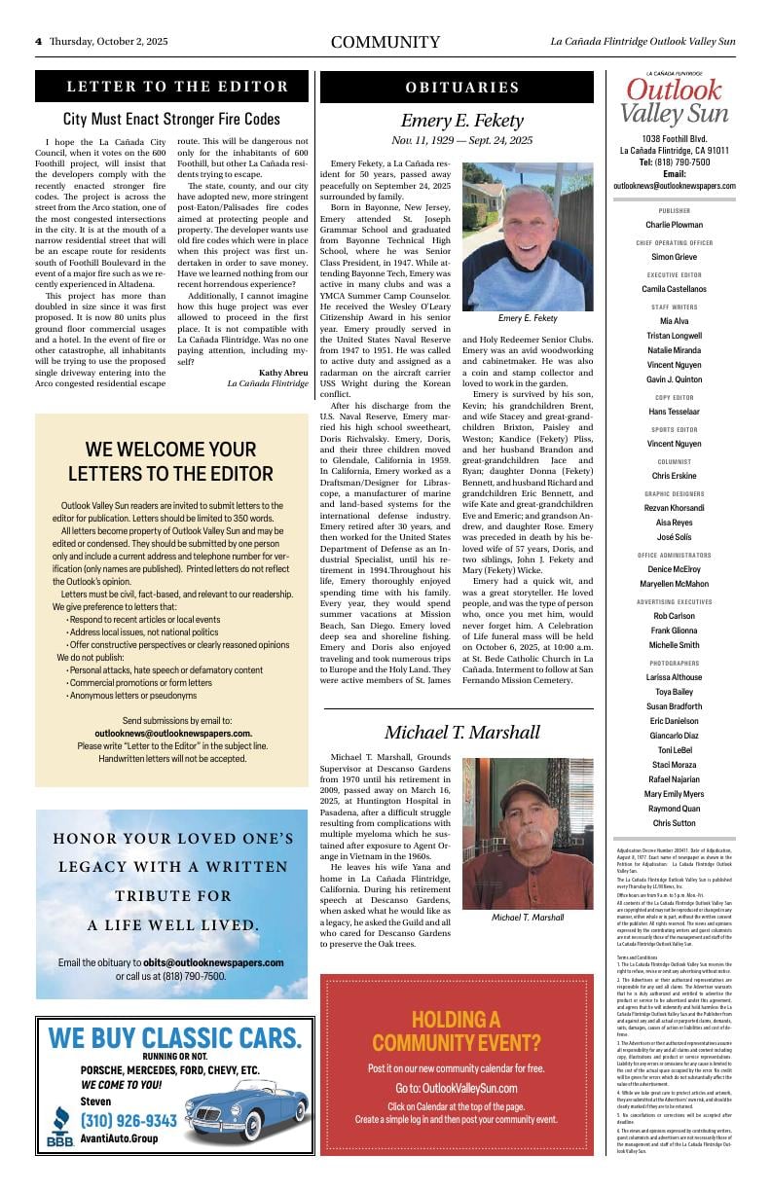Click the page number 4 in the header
(38, 42)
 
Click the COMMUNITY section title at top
(385, 43)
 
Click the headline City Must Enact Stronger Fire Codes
(171, 120)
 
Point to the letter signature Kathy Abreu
(283, 372)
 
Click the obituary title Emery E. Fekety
(462, 121)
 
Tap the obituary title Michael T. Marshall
(461, 732)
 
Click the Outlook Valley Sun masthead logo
(674, 100)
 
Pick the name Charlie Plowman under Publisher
(674, 225)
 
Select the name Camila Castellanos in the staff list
(674, 289)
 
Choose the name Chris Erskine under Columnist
(674, 476)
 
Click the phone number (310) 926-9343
(128, 1120)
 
